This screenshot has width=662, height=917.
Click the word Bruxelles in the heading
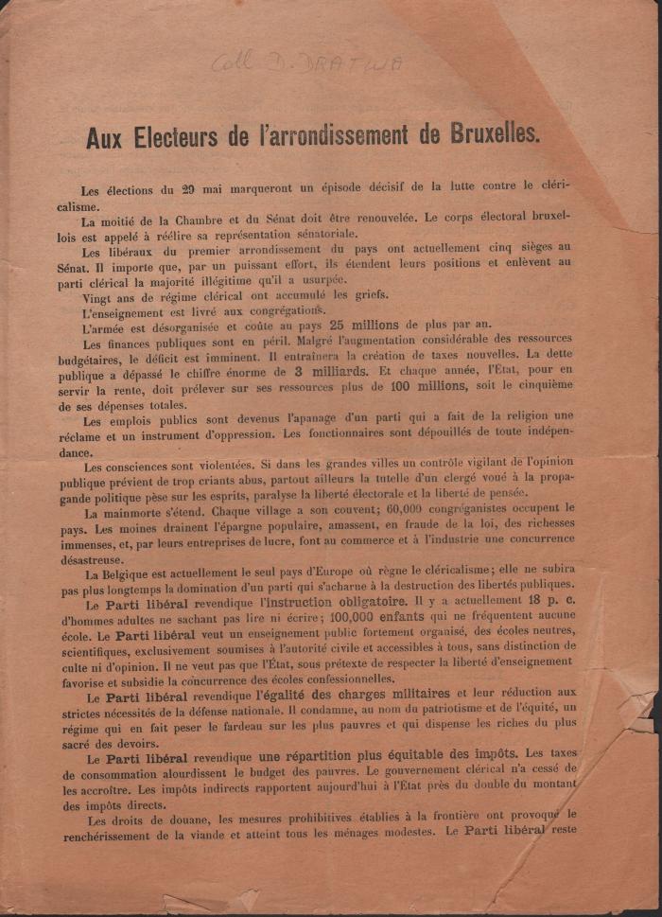pyautogui.click(x=487, y=136)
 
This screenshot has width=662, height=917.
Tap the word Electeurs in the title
pyautogui.click(x=171, y=136)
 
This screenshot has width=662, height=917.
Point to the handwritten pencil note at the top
pyautogui.click(x=306, y=64)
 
